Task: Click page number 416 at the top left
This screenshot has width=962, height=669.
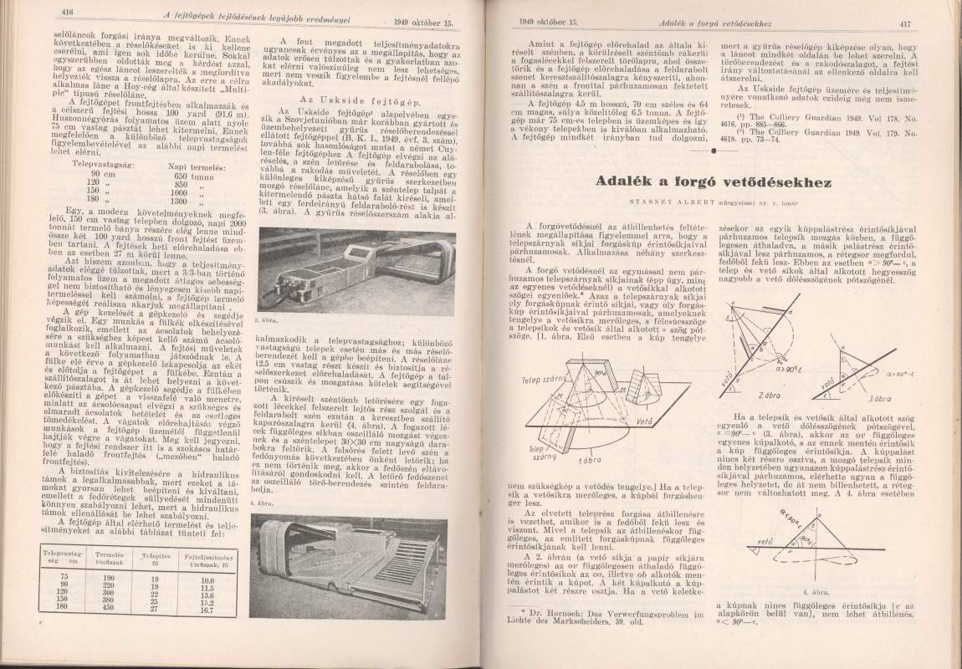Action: coord(69,12)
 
